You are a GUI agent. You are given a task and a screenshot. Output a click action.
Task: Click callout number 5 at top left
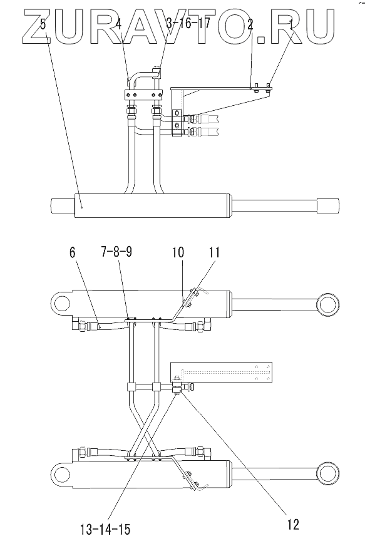[x=43, y=25]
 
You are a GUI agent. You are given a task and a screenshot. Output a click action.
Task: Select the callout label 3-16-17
[x=188, y=24]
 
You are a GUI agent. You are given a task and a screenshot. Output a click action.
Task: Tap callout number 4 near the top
[x=118, y=24]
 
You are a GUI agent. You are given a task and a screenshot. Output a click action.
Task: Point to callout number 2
[x=250, y=24]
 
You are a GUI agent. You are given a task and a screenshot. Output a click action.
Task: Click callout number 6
[x=72, y=252]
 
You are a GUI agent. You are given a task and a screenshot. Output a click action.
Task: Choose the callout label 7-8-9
[x=117, y=252]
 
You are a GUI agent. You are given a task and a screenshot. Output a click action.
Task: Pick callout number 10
[x=178, y=252]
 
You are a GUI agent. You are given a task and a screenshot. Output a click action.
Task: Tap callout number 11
[x=213, y=252]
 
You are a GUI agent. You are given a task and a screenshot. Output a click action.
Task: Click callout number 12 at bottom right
[x=293, y=524]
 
